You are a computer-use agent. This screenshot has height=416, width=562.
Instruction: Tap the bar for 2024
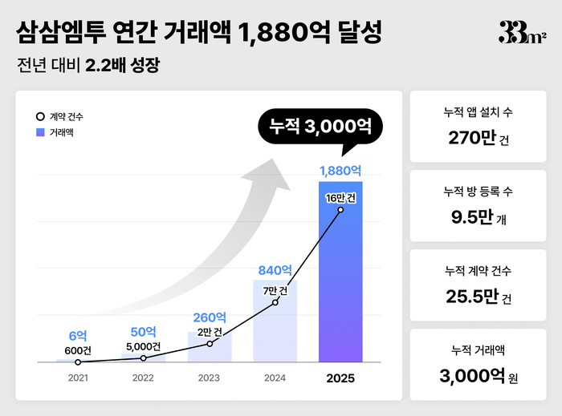coord(275,321)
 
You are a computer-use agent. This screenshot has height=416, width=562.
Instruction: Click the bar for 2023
coord(210,347)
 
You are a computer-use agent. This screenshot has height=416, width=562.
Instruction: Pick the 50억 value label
coord(144,333)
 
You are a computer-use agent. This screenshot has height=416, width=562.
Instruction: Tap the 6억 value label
coord(78,337)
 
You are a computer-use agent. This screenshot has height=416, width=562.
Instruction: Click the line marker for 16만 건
coord(340,210)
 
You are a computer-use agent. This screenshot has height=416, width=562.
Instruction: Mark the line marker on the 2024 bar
coord(275,302)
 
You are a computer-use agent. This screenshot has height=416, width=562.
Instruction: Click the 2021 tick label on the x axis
coord(78,378)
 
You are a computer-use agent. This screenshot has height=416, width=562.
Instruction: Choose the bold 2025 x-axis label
coord(340,378)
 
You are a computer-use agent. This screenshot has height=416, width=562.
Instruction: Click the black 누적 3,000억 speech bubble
coord(320,127)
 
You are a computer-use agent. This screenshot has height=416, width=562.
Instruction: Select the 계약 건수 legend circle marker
coord(40,117)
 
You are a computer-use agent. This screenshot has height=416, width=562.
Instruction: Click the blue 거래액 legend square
coord(40,131)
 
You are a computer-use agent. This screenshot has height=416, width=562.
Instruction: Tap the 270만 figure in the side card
coord(472,138)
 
